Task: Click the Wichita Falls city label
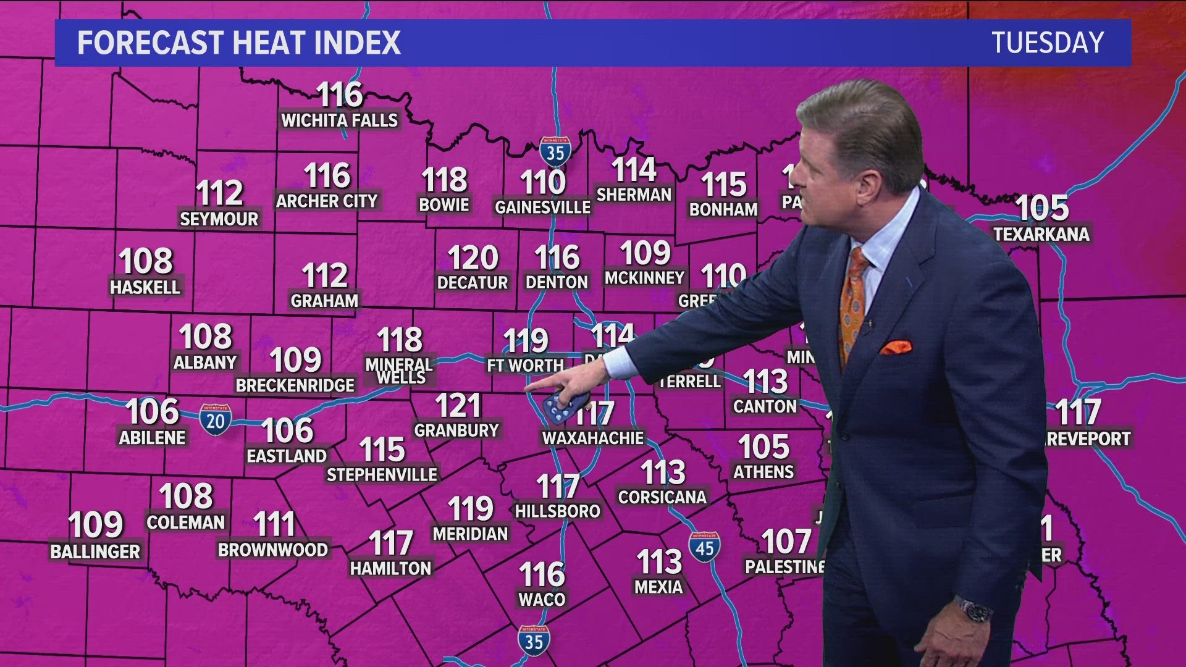click(340, 120)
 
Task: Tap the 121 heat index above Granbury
click(458, 406)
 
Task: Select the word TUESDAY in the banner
click(1048, 43)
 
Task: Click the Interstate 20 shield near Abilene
click(215, 420)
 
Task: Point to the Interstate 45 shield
click(704, 547)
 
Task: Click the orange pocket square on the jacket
click(896, 347)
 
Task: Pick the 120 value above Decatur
click(473, 258)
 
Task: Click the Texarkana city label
click(1041, 234)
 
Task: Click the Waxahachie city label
click(593, 438)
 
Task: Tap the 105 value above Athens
click(763, 447)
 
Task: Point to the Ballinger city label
click(95, 552)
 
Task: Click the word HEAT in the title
click(268, 43)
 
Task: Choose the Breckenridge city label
click(295, 385)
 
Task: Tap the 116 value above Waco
click(542, 574)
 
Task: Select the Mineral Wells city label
click(400, 371)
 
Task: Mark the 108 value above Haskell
click(146, 261)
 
